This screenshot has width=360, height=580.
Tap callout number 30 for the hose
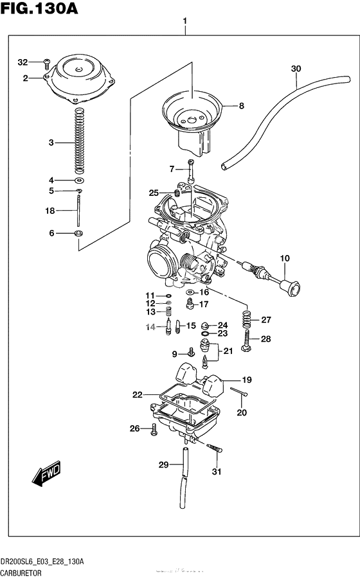(295, 69)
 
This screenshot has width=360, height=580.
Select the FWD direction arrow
(46, 476)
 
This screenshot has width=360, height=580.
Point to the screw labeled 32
(46, 62)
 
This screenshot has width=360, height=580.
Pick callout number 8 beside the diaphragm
(242, 106)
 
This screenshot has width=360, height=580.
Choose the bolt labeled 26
(154, 430)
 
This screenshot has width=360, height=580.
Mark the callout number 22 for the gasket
(137, 395)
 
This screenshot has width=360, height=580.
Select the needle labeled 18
(78, 210)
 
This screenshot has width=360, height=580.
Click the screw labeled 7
(190, 171)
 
